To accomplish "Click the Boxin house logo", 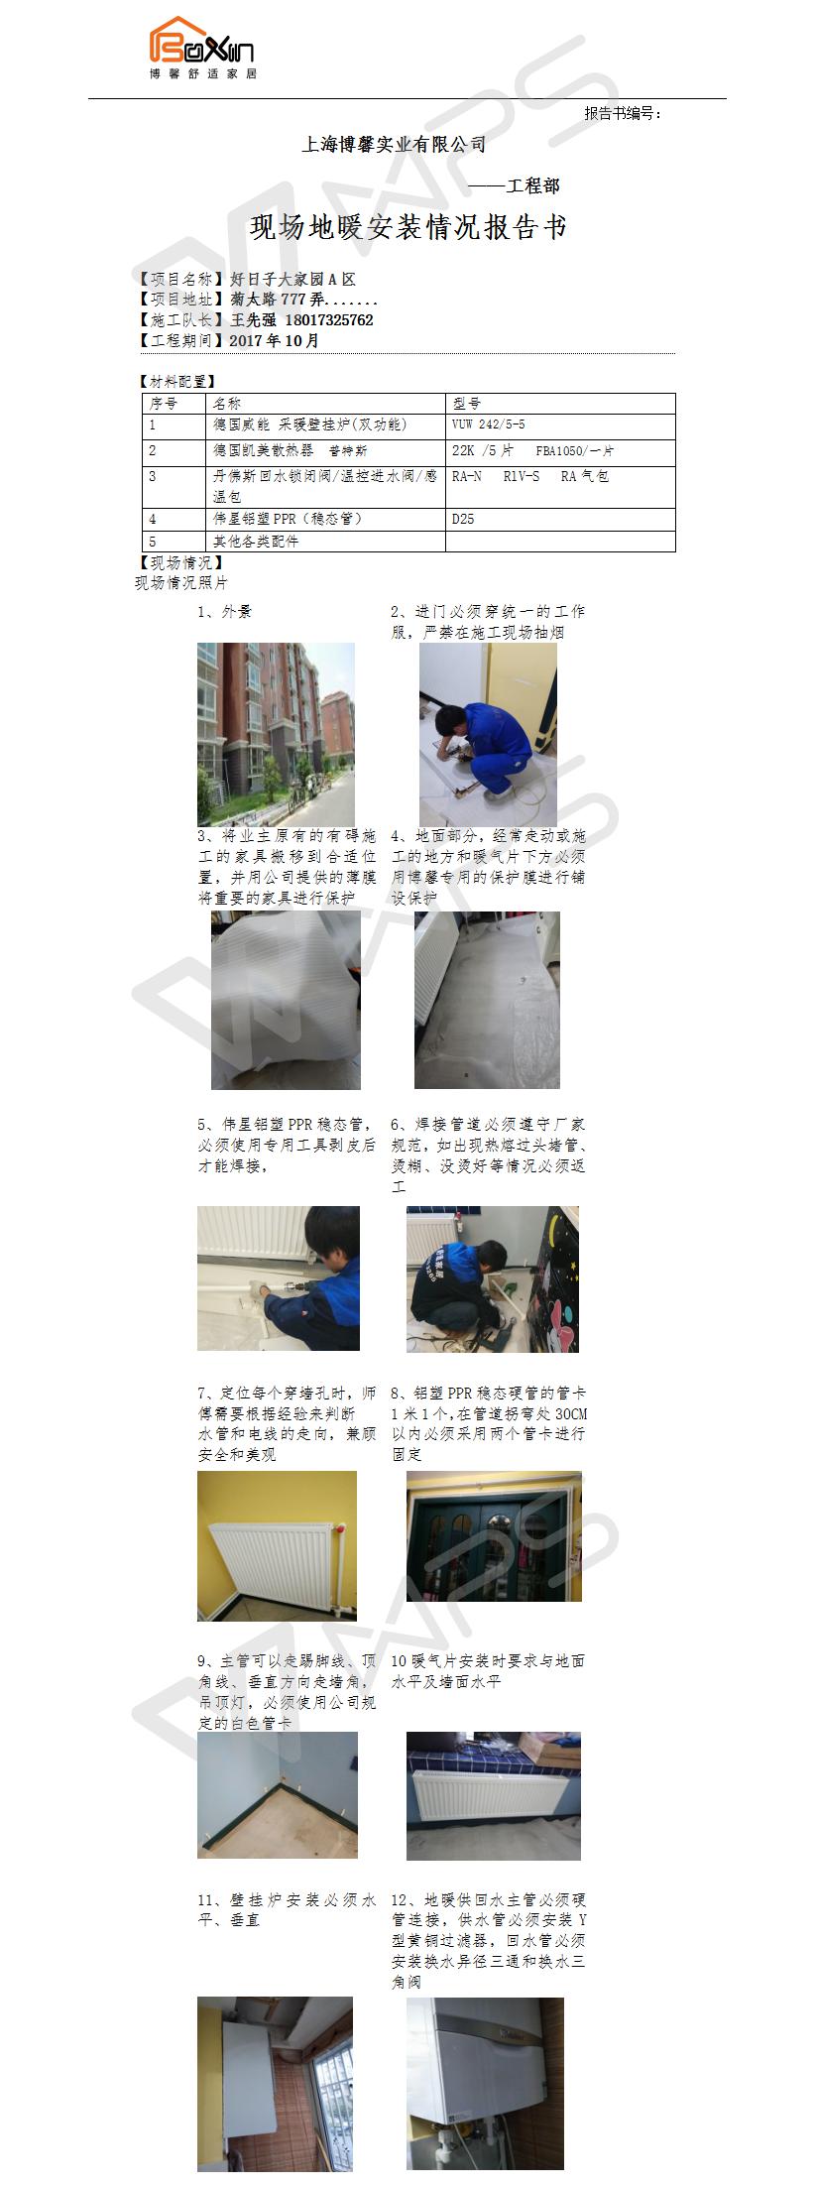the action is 203,48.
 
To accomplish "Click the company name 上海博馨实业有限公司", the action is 394,145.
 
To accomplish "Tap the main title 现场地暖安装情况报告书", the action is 408,227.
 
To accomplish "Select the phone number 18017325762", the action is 329,320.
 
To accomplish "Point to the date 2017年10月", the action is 275,340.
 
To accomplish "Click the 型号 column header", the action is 466,404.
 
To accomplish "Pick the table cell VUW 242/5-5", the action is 489,425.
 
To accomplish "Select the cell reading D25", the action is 463,519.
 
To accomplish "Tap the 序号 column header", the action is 163,404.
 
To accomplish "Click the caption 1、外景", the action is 225,612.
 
